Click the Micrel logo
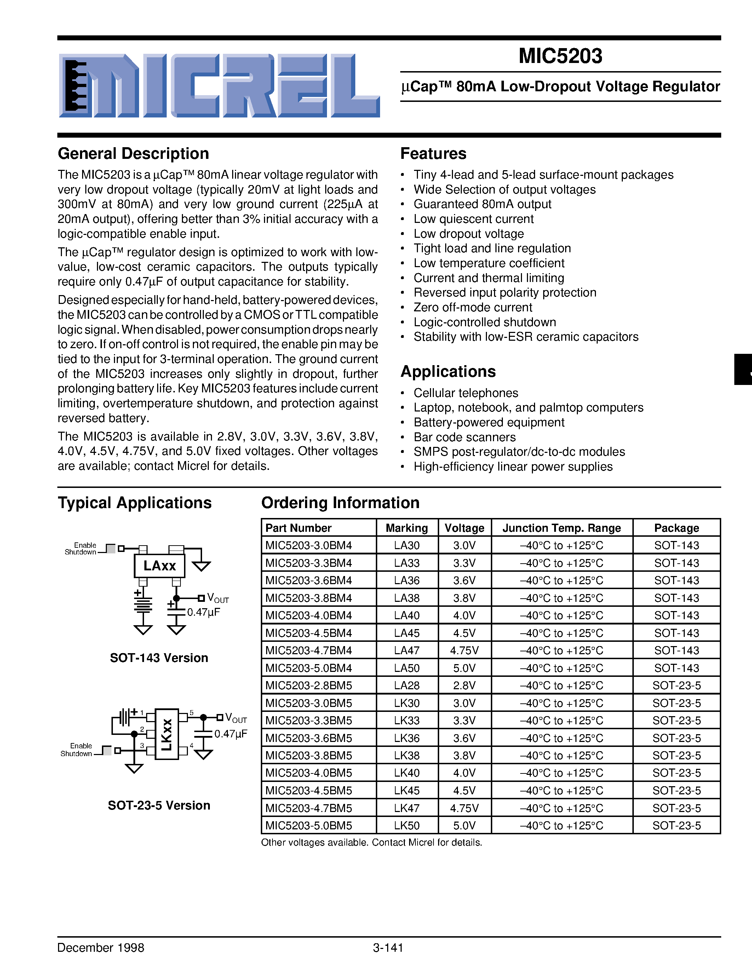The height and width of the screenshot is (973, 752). point(219,86)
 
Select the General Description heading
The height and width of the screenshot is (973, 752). point(133,154)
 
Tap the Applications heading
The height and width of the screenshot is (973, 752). point(448,372)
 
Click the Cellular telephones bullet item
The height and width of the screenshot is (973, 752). point(466,393)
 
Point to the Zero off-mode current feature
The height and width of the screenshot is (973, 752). point(473,307)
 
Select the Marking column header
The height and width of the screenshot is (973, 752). point(407,528)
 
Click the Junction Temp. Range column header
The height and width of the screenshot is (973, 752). point(561,528)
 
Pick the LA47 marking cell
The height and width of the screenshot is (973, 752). point(407,650)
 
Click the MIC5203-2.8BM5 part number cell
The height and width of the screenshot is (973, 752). point(309,686)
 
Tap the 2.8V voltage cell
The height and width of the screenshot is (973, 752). point(464,686)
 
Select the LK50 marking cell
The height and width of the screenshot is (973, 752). point(407,825)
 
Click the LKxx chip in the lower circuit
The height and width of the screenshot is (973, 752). point(167,734)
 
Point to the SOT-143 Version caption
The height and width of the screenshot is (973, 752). point(159,658)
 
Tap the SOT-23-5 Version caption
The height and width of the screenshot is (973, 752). point(159,806)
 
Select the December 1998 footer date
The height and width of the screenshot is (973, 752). point(101,948)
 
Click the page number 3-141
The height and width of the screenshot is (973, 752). point(388,948)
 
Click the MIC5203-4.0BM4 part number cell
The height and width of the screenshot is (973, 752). point(309,616)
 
